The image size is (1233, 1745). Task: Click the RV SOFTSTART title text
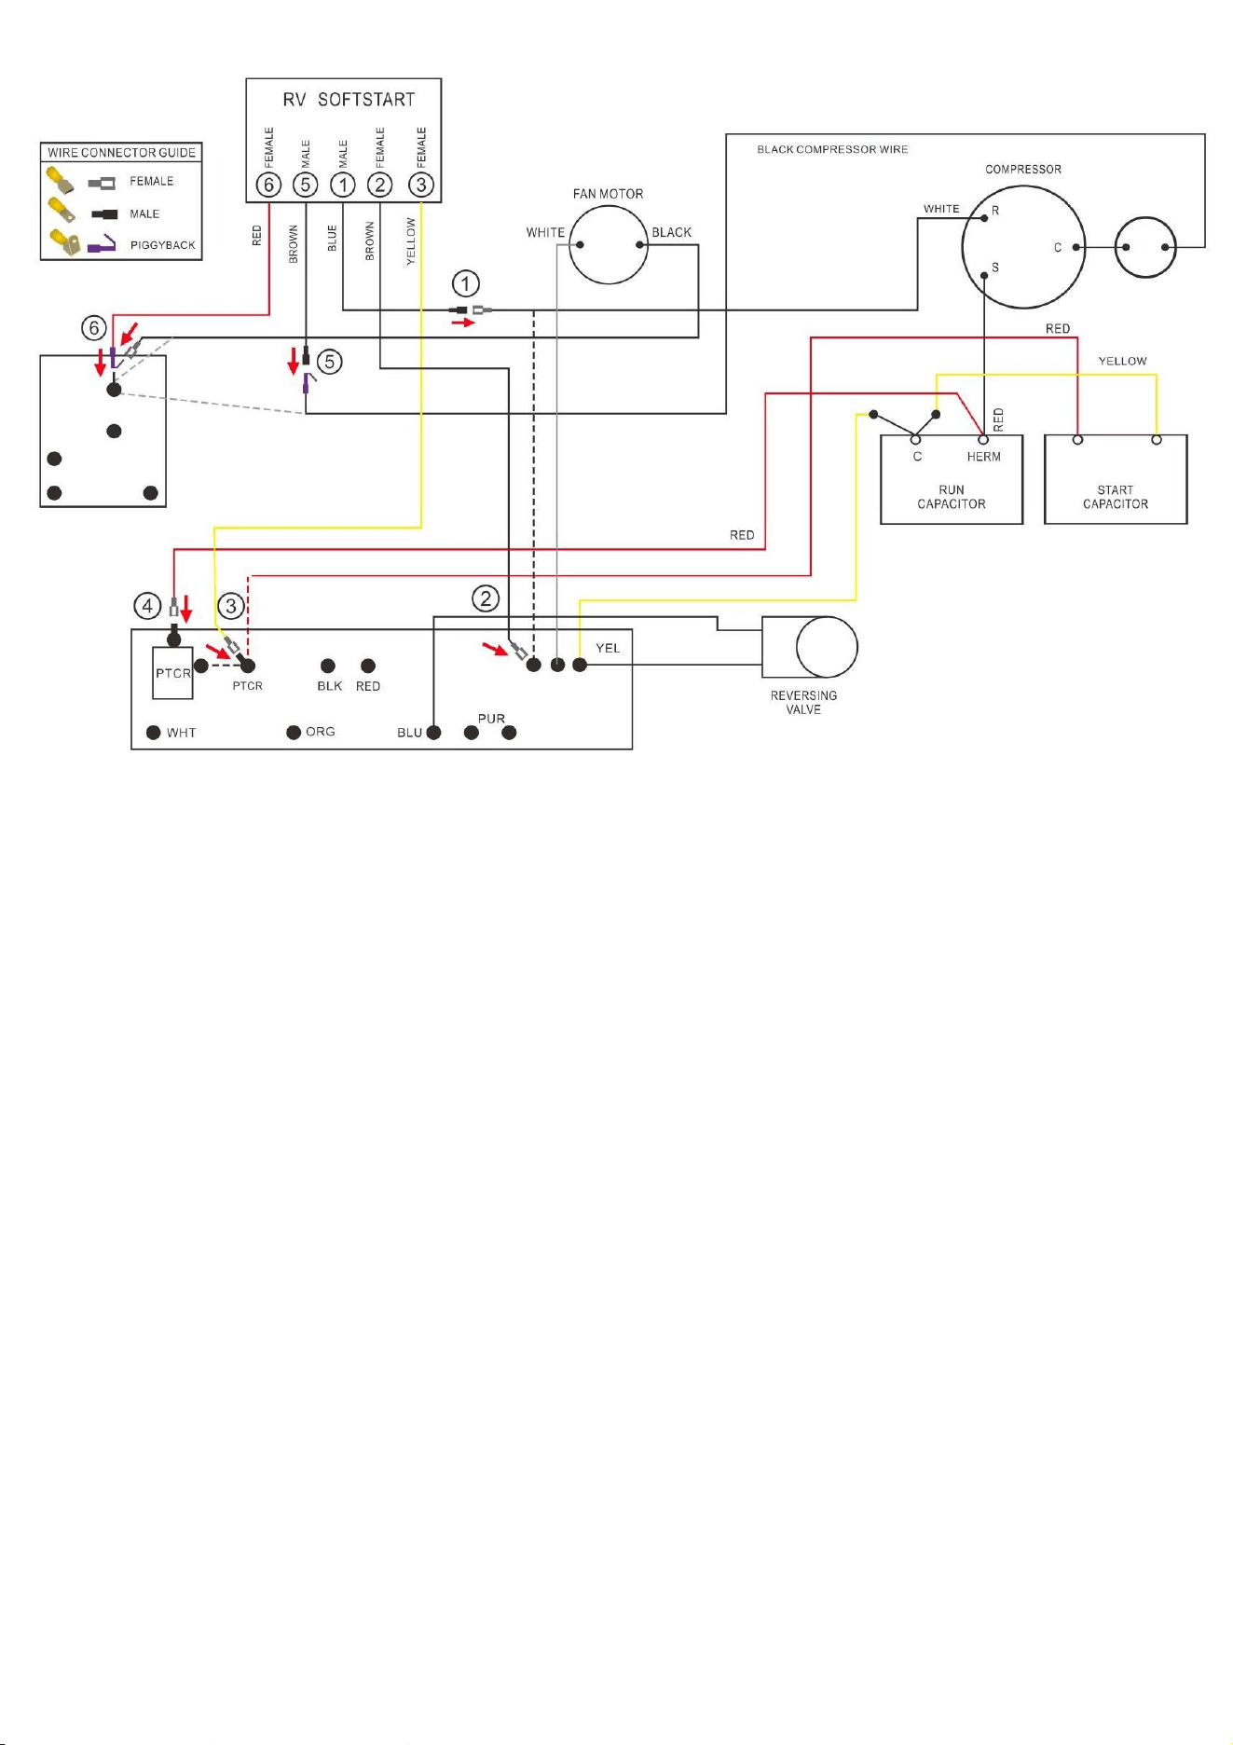pyautogui.click(x=349, y=100)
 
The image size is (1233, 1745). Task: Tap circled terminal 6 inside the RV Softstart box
pyautogui.click(x=268, y=185)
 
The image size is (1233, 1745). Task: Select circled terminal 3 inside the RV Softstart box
pyautogui.click(x=421, y=185)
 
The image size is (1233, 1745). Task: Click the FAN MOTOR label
pyautogui.click(x=608, y=194)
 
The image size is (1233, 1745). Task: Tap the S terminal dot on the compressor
pyautogui.click(x=984, y=275)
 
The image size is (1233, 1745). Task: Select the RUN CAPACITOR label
pyautogui.click(x=952, y=497)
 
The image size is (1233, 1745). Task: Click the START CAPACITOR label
pyautogui.click(x=1116, y=497)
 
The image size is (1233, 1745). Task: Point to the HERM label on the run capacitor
pyautogui.click(x=983, y=457)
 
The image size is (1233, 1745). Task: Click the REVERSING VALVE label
pyautogui.click(x=803, y=703)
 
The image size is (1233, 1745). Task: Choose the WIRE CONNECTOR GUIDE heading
pyautogui.click(x=122, y=153)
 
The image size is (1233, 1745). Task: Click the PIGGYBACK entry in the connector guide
pyautogui.click(x=163, y=245)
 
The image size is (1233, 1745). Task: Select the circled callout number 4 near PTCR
pyautogui.click(x=147, y=607)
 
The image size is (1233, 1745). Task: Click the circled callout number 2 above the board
pyautogui.click(x=486, y=598)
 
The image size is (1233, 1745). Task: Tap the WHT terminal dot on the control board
pyautogui.click(x=154, y=733)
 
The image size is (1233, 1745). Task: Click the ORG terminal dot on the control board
pyautogui.click(x=294, y=733)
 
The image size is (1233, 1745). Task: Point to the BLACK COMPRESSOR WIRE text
pyautogui.click(x=832, y=149)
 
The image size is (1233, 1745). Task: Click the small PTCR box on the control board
pyautogui.click(x=173, y=673)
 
